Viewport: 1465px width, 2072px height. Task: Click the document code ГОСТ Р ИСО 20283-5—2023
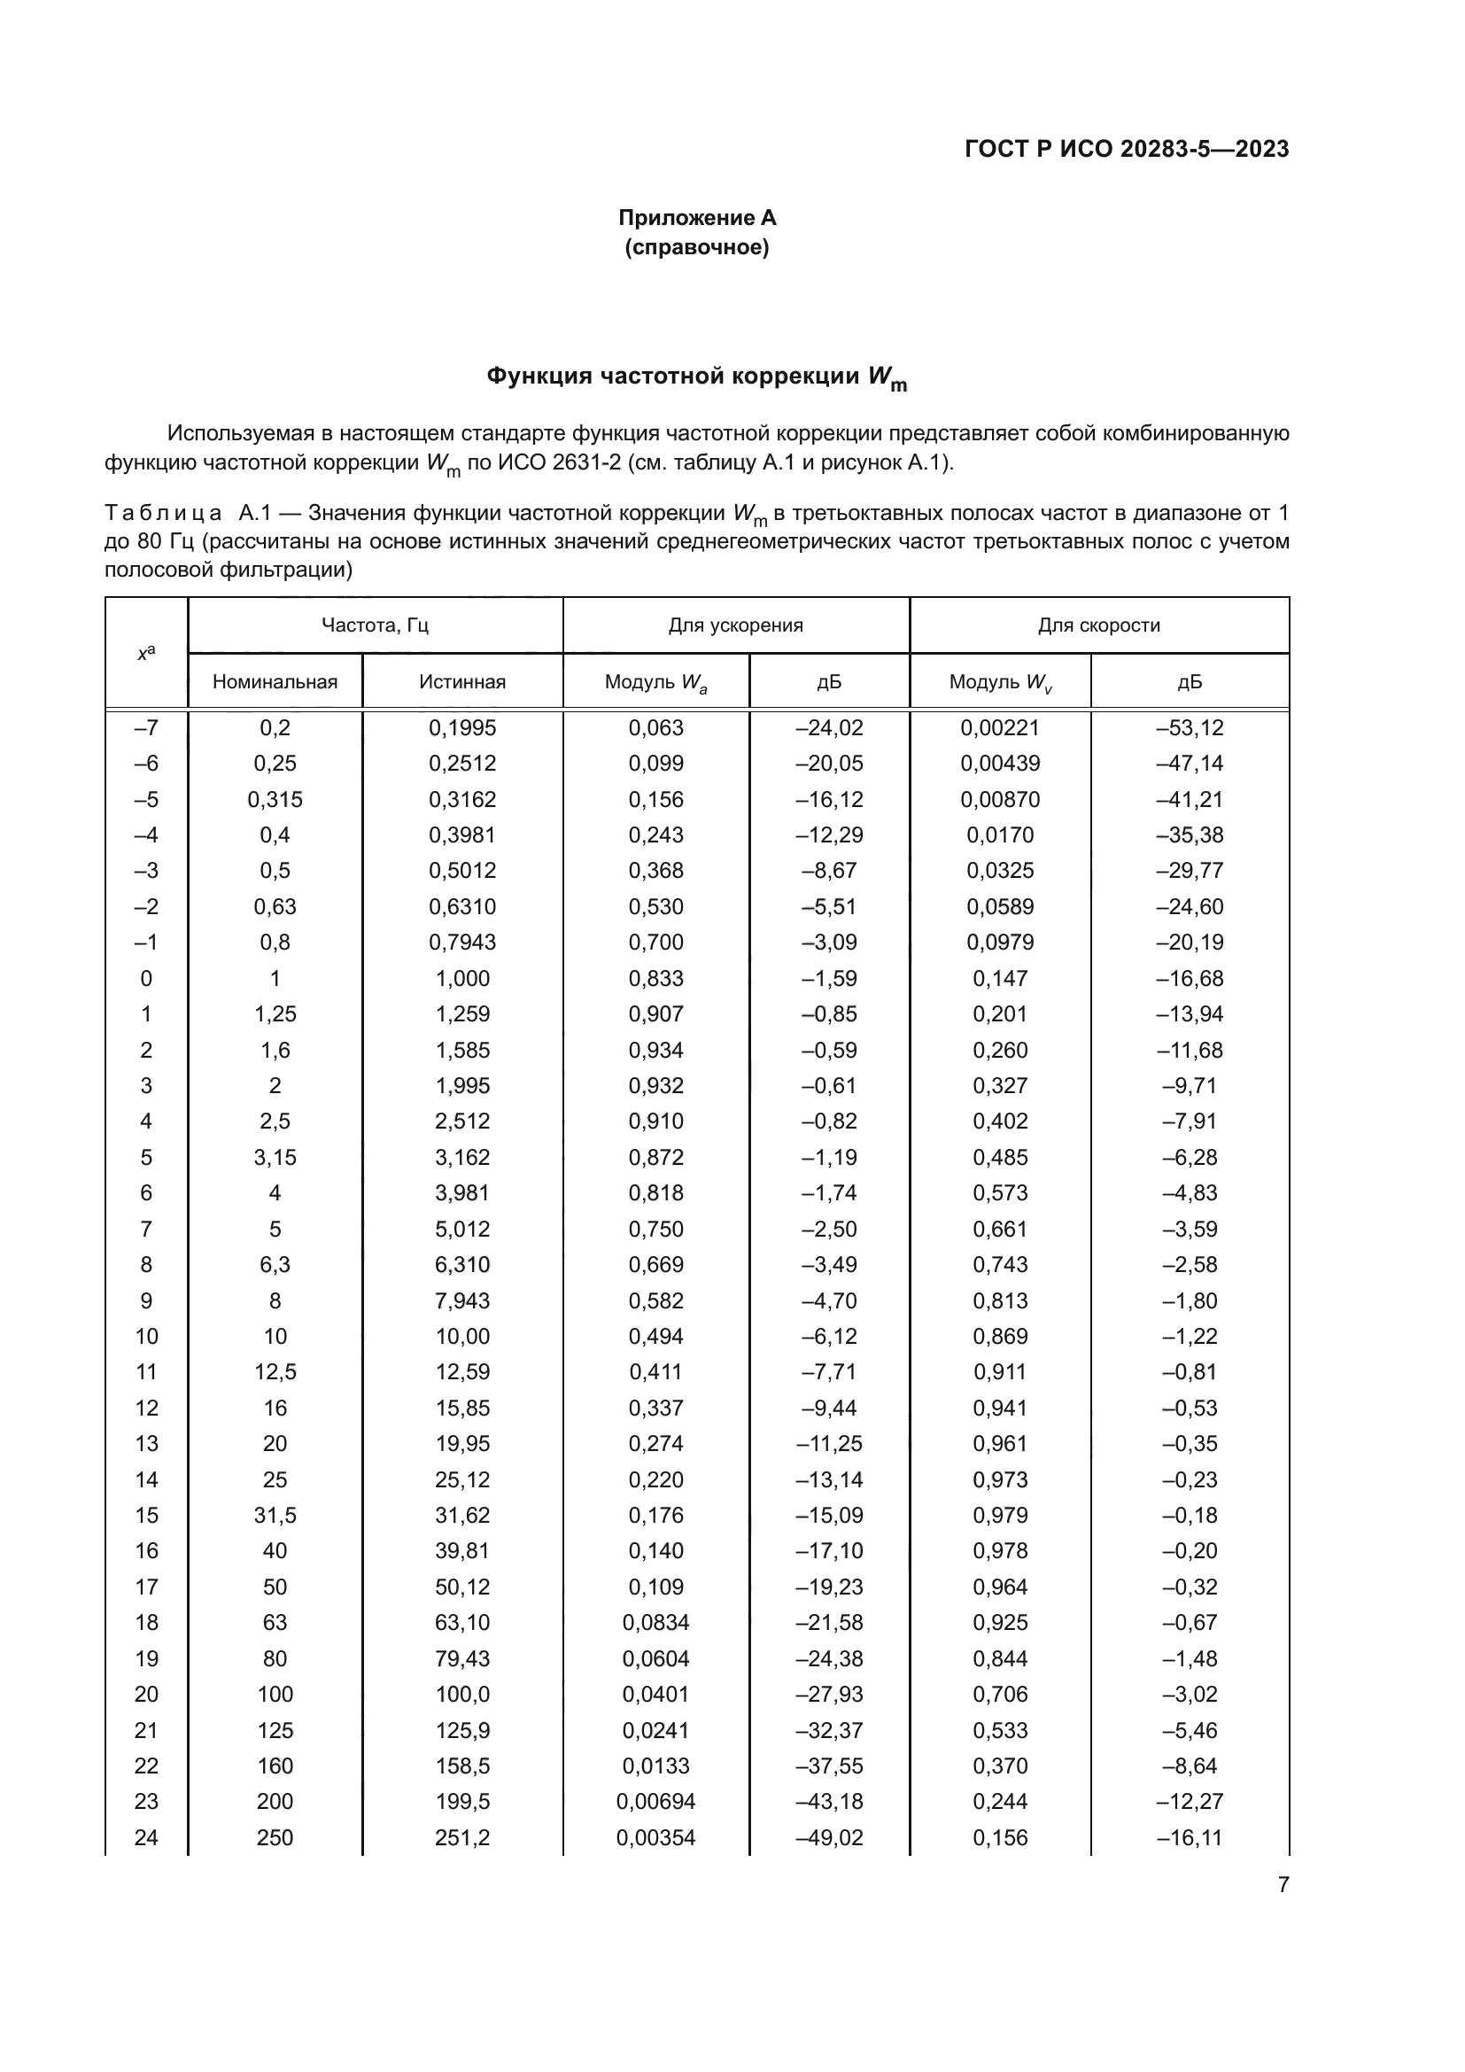point(1126,149)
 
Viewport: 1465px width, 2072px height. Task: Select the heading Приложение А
point(696,218)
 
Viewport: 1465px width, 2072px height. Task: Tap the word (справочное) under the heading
point(696,247)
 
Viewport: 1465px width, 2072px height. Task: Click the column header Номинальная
point(275,681)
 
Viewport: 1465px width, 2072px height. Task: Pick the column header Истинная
point(461,681)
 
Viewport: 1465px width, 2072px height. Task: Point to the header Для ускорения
point(735,625)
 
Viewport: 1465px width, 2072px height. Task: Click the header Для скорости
point(1097,625)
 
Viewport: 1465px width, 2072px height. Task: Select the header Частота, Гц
point(375,625)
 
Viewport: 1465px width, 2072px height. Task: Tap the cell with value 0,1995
point(461,727)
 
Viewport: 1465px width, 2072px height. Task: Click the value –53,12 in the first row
point(1189,727)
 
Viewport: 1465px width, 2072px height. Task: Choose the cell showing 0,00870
point(999,800)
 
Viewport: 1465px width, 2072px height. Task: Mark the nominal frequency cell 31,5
point(275,1515)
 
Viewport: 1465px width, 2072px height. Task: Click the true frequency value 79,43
point(461,1658)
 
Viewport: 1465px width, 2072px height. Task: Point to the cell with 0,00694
point(655,1802)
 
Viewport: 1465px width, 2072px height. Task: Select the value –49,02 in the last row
point(828,1837)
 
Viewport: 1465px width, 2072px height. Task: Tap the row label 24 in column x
point(146,1837)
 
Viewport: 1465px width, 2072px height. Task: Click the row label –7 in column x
point(146,727)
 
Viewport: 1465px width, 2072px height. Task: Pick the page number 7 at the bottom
point(1283,1885)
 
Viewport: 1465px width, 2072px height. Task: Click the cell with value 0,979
point(999,1515)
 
